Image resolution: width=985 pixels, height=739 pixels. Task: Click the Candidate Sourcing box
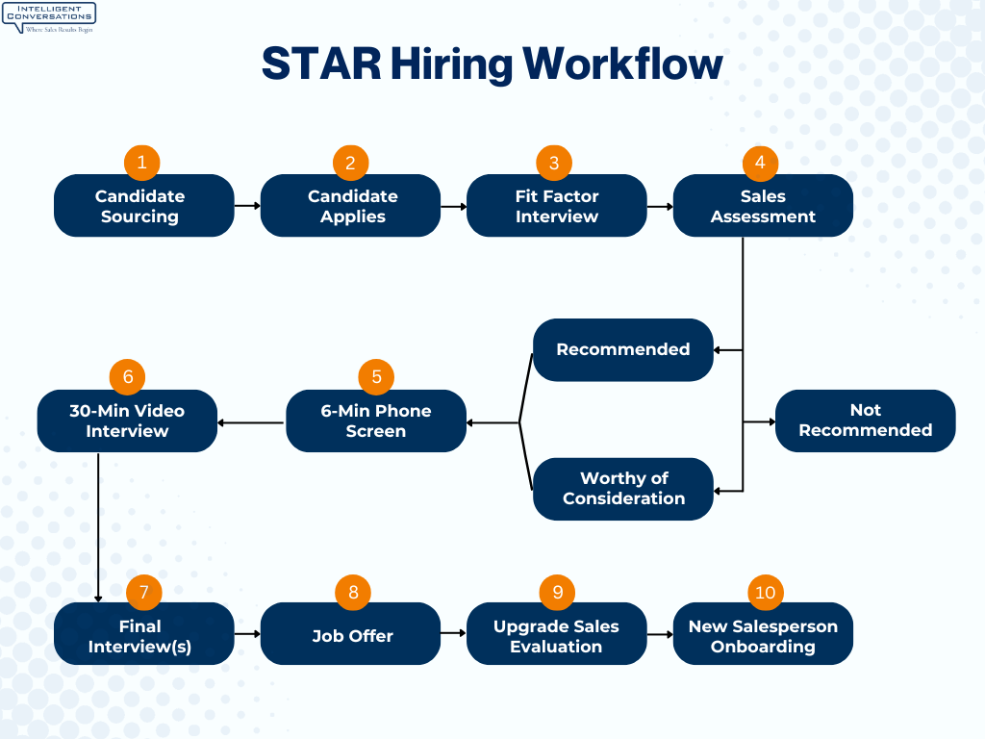coord(143,206)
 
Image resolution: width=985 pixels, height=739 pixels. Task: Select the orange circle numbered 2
coord(350,163)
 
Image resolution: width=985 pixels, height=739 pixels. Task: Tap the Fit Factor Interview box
coord(556,206)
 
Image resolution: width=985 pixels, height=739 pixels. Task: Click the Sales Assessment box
coord(763,206)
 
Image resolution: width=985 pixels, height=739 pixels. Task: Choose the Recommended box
coord(622,349)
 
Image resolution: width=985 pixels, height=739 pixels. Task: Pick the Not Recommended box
coord(865,420)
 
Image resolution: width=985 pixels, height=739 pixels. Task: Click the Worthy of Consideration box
coord(622,489)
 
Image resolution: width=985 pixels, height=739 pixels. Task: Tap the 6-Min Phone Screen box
coord(375,420)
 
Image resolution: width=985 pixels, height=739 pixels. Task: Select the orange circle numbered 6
coord(128,376)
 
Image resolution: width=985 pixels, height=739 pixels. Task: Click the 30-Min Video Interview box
coord(127,420)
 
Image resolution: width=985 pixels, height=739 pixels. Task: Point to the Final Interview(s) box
coord(143,634)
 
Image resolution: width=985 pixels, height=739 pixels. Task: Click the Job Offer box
coord(350,634)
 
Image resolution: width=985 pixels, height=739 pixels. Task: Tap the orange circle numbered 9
coord(557,591)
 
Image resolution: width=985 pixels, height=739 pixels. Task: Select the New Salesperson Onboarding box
coord(763,634)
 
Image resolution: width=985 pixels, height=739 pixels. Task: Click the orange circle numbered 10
coord(765,592)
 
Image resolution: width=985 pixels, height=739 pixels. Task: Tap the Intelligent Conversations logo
coord(49,17)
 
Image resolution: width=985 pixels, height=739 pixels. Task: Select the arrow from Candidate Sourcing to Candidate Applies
coord(247,205)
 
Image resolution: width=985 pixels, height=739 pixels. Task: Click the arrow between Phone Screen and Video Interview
coord(251,421)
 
